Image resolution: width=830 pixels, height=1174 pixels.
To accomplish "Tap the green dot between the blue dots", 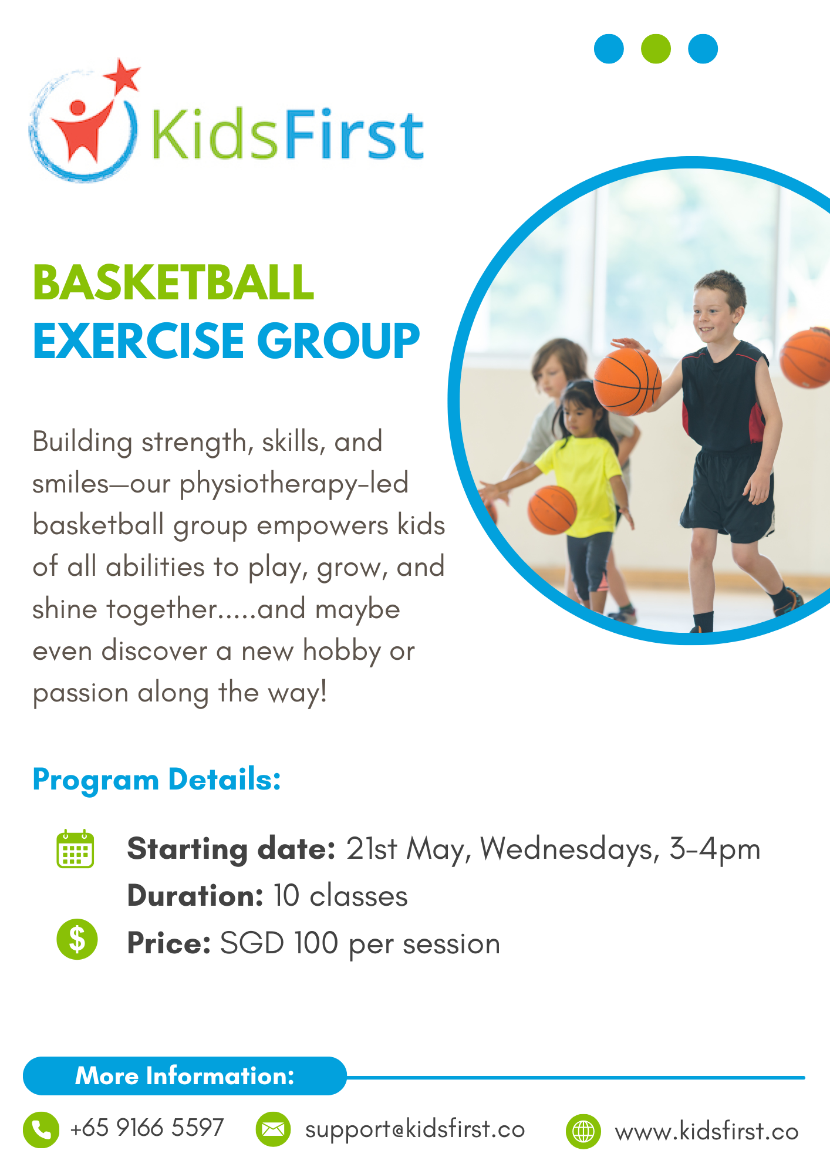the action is (x=656, y=49).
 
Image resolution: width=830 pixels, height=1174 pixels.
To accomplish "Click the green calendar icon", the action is (x=75, y=848).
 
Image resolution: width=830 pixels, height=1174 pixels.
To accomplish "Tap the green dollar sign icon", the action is (x=77, y=939).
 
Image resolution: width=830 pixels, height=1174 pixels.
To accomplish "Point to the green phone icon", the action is (x=41, y=1129).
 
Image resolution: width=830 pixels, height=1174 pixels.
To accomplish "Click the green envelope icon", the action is (x=273, y=1129).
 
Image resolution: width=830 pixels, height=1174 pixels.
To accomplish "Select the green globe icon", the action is (x=583, y=1131).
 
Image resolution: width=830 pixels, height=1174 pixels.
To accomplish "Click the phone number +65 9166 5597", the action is (x=147, y=1128).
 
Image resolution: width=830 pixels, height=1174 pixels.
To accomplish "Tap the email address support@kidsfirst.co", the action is (x=415, y=1129).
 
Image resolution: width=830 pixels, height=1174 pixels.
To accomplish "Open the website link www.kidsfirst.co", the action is (x=707, y=1131).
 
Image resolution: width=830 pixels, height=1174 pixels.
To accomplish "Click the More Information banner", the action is (x=185, y=1076).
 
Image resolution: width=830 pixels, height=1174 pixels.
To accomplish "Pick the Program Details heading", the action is (x=157, y=780).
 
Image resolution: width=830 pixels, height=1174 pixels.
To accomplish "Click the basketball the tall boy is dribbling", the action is (x=627, y=382).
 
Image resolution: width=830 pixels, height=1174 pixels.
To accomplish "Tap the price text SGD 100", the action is (x=279, y=943).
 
